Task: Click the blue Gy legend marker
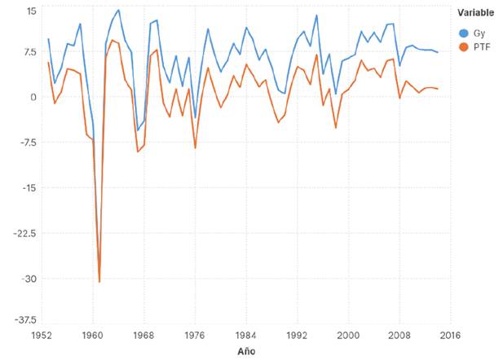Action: tap(465, 33)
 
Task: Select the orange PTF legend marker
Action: tap(465, 48)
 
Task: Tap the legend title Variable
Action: tap(476, 12)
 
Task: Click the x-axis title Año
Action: tap(245, 351)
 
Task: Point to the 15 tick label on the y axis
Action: tap(31, 11)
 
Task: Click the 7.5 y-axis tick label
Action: tap(29, 53)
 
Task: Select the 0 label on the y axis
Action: tap(34, 97)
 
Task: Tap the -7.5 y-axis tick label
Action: tap(28, 143)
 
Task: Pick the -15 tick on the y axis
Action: tap(29, 188)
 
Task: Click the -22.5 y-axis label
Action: tap(26, 234)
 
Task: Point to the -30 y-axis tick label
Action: tap(29, 279)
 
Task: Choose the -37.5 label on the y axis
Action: tap(26, 320)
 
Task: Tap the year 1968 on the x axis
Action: tap(143, 335)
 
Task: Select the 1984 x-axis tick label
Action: tap(245, 335)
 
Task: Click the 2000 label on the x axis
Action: tap(348, 335)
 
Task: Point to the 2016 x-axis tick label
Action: tap(451, 335)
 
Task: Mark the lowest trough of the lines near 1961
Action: tap(99, 282)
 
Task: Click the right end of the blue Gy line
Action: tap(438, 52)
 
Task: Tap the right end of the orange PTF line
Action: tap(438, 89)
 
